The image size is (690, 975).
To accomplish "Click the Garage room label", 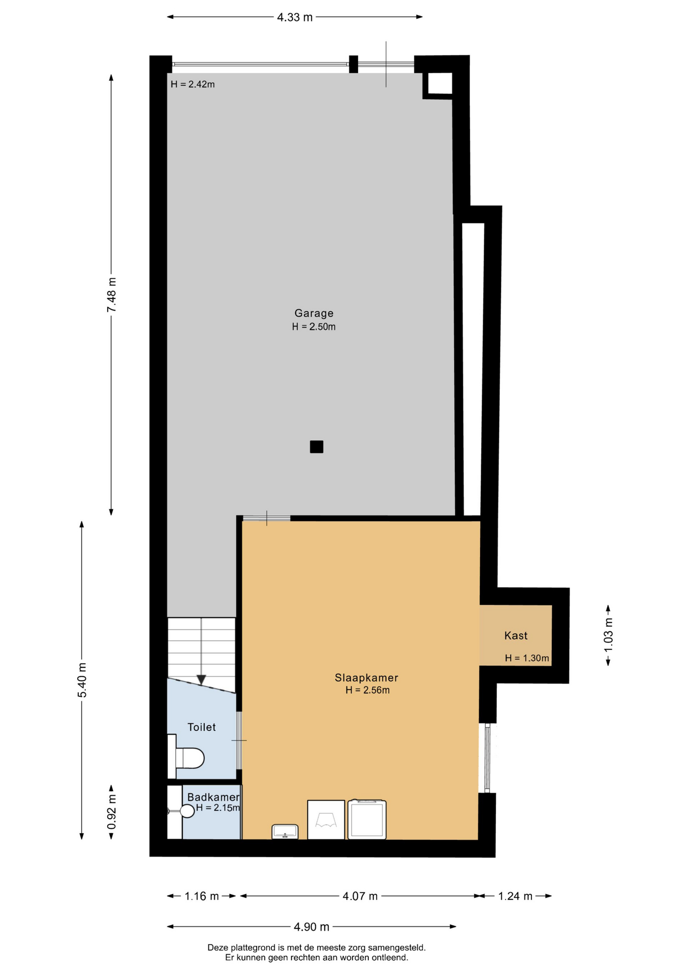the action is tap(314, 313).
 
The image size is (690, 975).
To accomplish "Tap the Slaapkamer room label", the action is tap(366, 677).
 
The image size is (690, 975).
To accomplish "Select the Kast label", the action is tap(516, 635).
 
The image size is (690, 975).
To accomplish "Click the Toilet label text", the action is tap(202, 727).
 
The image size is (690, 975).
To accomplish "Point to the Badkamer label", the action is tap(213, 797).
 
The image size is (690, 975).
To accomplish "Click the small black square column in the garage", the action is tap(317, 447).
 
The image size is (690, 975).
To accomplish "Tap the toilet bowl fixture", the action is tap(190, 758).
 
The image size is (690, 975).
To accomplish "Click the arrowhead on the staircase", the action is tap(201, 679).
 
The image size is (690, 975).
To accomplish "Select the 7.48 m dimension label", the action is tap(111, 295).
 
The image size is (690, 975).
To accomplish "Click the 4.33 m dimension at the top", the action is tap(295, 17).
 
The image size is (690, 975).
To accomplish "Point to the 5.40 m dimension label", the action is tap(82, 680).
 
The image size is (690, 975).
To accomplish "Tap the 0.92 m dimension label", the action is tap(112, 811).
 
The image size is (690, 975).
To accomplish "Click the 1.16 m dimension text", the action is tap(202, 896).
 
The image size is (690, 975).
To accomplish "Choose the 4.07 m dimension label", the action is tap(360, 896).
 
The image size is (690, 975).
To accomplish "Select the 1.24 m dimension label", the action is tap(515, 896).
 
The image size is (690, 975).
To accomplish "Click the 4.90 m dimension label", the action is tap(311, 927).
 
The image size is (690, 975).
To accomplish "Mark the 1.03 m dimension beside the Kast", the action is tap(608, 635).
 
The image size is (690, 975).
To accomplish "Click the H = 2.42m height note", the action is tap(193, 84).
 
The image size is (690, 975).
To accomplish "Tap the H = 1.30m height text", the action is tap(527, 658).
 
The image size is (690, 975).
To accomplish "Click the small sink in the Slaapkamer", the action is tap(285, 831).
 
